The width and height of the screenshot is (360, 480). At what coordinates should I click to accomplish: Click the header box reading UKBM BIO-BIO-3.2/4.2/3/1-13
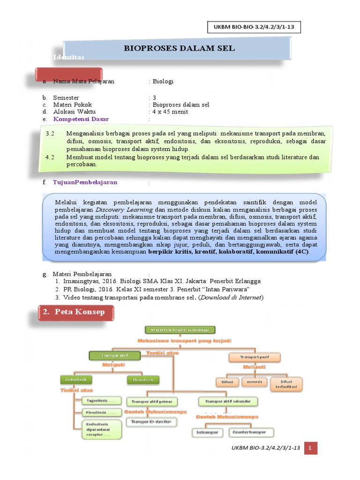[253, 28]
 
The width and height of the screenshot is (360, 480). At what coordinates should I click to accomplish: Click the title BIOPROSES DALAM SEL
[179, 48]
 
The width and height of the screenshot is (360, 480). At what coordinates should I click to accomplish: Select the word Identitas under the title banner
[68, 57]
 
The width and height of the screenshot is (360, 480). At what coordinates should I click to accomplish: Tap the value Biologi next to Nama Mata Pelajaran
[163, 81]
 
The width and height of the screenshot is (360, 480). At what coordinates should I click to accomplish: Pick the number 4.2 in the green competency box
[50, 157]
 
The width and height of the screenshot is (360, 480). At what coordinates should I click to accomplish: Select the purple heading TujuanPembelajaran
[85, 182]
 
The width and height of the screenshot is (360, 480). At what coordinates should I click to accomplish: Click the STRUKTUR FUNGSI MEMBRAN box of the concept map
[180, 330]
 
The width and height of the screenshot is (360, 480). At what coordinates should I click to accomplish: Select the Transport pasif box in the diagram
[254, 357]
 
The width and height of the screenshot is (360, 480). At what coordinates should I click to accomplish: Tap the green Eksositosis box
[143, 379]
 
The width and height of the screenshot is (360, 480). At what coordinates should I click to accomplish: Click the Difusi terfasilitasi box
[286, 384]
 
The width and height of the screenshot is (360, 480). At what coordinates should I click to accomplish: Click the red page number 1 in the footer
[310, 449]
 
